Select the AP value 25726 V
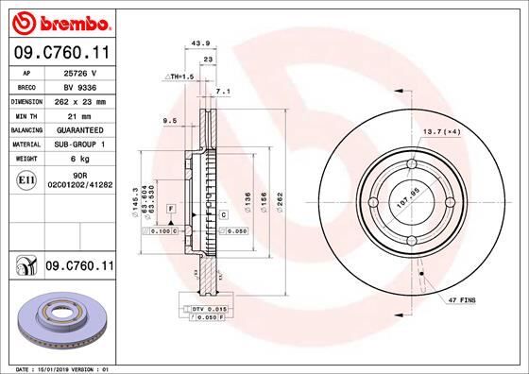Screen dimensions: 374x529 [x=80, y=72]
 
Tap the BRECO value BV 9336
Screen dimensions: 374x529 [x=80, y=86]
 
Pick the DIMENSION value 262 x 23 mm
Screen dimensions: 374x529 [x=80, y=100]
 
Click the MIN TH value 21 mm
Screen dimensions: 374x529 [x=80, y=114]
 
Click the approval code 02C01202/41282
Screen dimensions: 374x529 [x=80, y=186]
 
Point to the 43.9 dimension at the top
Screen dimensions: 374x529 [x=199, y=42]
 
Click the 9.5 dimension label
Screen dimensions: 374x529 [x=170, y=121]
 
